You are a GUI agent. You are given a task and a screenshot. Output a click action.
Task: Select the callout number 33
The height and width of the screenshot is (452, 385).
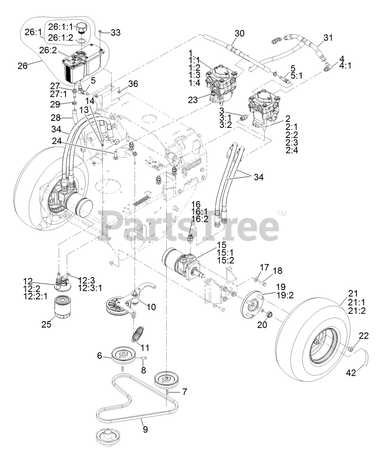115,33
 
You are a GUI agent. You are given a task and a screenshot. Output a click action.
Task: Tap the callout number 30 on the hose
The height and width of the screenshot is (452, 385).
239,34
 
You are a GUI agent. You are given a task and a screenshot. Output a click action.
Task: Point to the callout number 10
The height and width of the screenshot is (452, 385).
151,307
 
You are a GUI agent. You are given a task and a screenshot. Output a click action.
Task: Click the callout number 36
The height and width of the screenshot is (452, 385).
133,84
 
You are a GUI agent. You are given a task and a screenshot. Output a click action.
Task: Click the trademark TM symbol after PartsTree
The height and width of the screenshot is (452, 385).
282,213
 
